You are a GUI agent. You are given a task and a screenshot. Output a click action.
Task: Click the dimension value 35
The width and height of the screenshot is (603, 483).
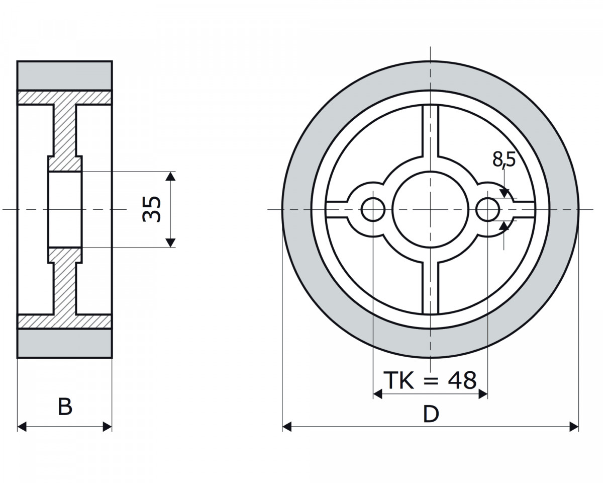(x=152, y=209)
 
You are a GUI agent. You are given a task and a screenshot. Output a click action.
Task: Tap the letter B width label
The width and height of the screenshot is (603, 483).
(x=65, y=407)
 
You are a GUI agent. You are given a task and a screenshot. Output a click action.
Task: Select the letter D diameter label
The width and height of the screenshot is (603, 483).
(x=431, y=414)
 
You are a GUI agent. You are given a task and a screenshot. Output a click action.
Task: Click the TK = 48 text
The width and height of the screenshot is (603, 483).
(x=430, y=380)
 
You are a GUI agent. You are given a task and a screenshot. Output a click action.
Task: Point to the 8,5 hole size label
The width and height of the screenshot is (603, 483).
(x=504, y=159)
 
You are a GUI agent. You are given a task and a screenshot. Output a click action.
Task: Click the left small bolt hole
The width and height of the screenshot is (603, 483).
(x=373, y=209)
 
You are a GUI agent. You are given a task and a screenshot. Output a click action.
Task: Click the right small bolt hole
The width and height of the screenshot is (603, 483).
(x=487, y=209)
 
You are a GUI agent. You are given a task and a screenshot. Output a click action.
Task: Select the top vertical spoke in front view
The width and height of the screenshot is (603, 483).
(x=431, y=130)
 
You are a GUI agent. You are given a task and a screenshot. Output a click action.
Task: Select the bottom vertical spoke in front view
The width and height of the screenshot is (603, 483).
(x=431, y=288)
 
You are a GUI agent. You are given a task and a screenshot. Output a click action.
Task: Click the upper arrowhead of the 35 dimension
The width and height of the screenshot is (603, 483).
(x=170, y=176)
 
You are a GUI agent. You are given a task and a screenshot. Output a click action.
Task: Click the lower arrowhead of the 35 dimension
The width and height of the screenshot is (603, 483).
(x=170, y=243)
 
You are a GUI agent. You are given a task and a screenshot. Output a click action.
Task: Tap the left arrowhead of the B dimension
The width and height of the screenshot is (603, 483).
(x=22, y=427)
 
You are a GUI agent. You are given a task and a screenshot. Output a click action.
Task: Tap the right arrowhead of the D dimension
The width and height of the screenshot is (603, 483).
(x=574, y=427)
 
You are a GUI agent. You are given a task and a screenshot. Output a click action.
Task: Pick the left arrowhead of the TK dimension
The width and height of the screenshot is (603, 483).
(x=378, y=394)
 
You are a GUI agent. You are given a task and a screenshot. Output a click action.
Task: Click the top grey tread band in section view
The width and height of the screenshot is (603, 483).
(x=65, y=75)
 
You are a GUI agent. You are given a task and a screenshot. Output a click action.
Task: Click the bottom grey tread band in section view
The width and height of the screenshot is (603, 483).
(x=65, y=343)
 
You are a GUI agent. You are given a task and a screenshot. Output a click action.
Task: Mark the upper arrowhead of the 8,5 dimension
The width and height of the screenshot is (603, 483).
(x=504, y=193)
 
